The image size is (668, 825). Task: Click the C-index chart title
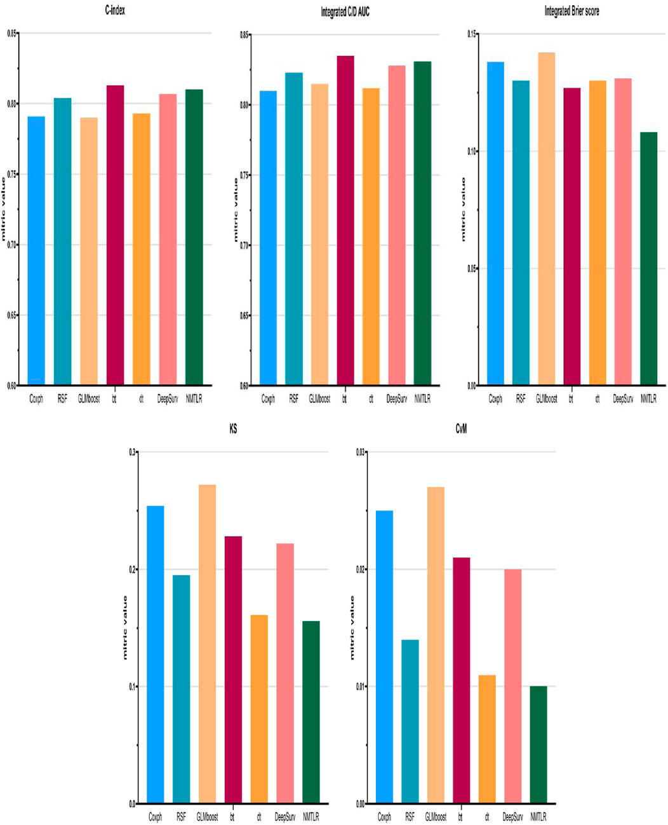pyautogui.click(x=115, y=10)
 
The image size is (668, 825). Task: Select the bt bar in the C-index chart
pyautogui.click(x=115, y=235)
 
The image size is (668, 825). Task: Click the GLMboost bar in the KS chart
pyautogui.click(x=207, y=644)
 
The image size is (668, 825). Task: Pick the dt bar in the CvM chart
pyautogui.click(x=487, y=739)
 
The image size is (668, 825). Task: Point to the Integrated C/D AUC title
pyautogui.click(x=345, y=12)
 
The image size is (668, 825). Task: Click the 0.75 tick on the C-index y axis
pyautogui.click(x=10, y=175)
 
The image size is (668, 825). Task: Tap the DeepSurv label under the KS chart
pyautogui.click(x=285, y=817)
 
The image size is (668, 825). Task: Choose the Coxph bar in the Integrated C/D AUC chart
pyautogui.click(x=268, y=238)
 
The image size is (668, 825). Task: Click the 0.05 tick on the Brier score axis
pyautogui.click(x=471, y=268)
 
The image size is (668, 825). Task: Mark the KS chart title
pyautogui.click(x=233, y=430)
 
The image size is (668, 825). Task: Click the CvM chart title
pyautogui.click(x=461, y=430)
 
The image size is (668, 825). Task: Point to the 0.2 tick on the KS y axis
pyautogui.click(x=133, y=569)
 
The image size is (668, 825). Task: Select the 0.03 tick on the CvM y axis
pyautogui.click(x=360, y=452)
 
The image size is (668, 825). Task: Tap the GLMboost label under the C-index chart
pyautogui.click(x=89, y=399)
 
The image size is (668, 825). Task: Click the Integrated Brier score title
pyautogui.click(x=571, y=11)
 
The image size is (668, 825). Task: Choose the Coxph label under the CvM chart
pyautogui.click(x=384, y=817)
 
